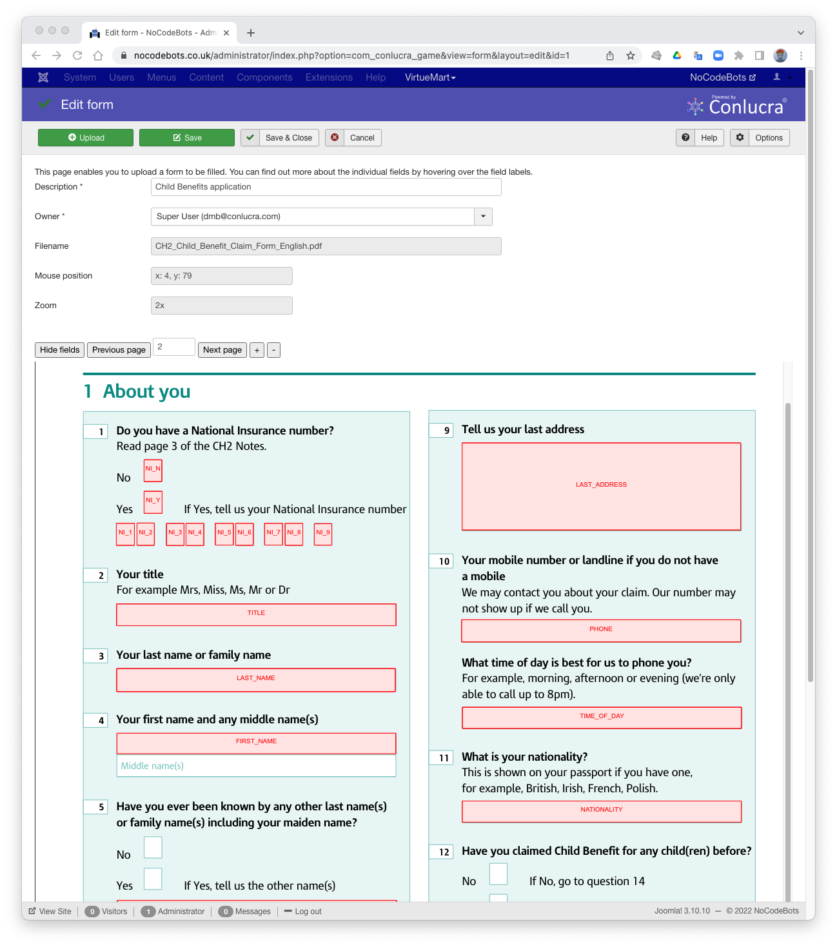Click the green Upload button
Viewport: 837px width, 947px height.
(86, 138)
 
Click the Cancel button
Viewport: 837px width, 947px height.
(353, 138)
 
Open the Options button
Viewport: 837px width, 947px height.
(760, 138)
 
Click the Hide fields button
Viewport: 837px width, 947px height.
(59, 350)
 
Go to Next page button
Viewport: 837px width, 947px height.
(222, 350)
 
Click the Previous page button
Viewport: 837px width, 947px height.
(119, 350)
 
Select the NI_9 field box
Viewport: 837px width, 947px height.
(323, 534)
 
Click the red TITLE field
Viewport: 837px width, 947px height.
(256, 614)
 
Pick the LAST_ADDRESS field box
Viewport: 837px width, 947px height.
(601, 486)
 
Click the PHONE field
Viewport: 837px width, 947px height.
(601, 630)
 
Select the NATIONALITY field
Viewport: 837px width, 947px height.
(602, 811)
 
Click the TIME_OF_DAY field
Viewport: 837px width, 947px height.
(602, 718)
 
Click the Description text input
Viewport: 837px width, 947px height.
(326, 187)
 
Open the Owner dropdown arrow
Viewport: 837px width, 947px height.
(483, 217)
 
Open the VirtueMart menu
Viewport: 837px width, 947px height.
(430, 77)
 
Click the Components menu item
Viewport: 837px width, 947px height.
(264, 77)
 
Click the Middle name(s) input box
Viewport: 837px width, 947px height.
(256, 766)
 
